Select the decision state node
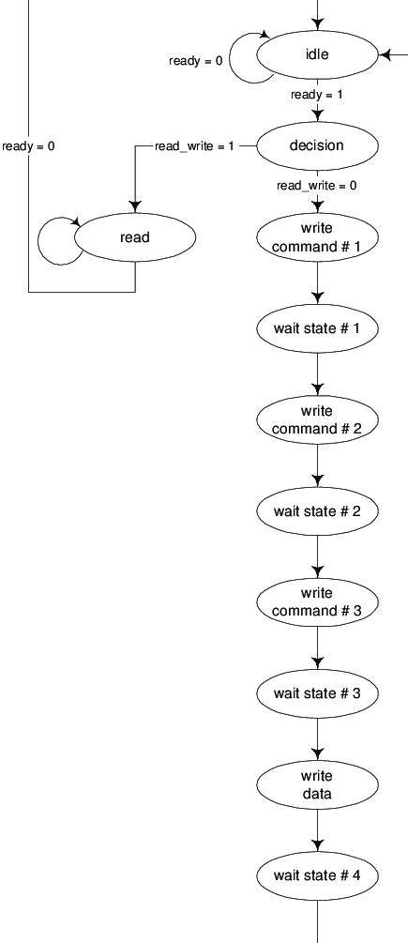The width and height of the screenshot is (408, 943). pos(317,146)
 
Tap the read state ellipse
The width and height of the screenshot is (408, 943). pos(135,237)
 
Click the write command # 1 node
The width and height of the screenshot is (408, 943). pos(317,237)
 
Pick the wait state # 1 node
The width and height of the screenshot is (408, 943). pos(317,329)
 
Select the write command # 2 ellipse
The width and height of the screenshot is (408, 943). pos(317,420)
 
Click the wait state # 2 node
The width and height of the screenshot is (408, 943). pos(317,511)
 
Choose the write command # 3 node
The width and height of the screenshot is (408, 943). pos(317,602)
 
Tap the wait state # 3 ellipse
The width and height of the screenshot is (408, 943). pos(317,693)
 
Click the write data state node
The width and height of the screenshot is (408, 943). pos(317,784)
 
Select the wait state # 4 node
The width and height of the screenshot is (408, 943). pos(317,875)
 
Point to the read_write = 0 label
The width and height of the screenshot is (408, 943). pos(316,186)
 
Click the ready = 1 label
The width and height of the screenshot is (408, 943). pos(317,95)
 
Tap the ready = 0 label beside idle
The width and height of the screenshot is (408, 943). pos(195,61)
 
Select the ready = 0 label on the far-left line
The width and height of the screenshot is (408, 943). pos(28,146)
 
